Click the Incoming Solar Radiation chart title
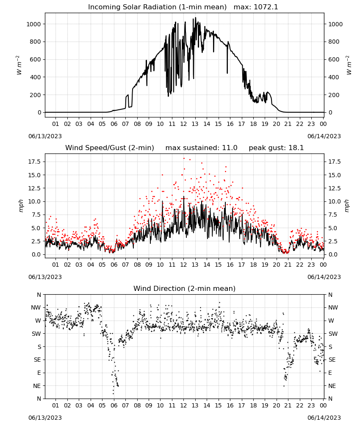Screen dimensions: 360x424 pos(157,7)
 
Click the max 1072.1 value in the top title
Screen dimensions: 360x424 pos(256,7)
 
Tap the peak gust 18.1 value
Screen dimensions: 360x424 pos(276,148)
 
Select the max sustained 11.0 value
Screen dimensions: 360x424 pos(202,148)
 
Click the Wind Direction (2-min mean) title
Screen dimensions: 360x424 pos(185,288)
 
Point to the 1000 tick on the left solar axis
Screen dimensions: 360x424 pos(33,24)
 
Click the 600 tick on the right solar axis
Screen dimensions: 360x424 pos(334,59)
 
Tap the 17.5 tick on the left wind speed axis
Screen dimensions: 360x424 pos(34,162)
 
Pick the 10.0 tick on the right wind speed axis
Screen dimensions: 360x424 pos(335,201)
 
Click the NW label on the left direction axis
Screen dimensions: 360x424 pos(36,308)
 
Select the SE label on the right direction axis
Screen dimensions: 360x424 pos(332,360)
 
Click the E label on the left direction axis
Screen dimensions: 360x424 pos(39,373)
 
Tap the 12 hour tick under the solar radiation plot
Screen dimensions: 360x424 pos(184,124)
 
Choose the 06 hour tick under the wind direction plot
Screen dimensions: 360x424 pos(114,405)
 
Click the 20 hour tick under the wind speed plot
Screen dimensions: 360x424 pos(276,265)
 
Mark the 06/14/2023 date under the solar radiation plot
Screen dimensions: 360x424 pos(324,136)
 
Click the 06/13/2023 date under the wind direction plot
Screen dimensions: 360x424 pos(45,418)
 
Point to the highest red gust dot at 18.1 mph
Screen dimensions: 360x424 pos(184,159)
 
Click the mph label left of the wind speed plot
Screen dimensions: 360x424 pos(21,206)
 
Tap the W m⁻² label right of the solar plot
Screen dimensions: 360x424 pos(349,65)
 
